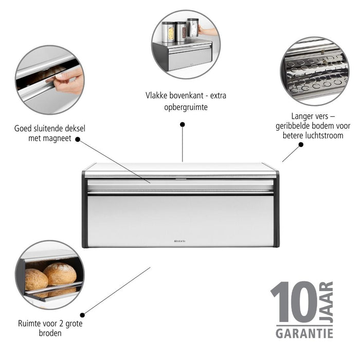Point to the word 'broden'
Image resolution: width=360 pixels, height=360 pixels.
(50, 333)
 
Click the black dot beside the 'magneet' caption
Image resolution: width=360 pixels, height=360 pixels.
(78, 139)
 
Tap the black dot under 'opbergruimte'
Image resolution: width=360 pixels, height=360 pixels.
(182, 124)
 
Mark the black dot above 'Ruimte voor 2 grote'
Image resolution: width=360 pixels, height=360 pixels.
(82, 315)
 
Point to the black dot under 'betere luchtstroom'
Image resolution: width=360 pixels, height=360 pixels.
(301, 145)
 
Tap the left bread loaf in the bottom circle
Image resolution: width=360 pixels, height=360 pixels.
(36, 279)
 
